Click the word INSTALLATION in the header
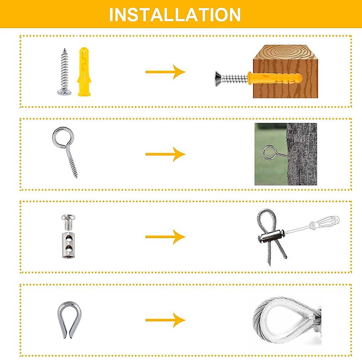pyautogui.click(x=175, y=14)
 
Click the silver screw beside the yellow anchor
pyautogui.click(x=64, y=72)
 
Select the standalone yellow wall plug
pyautogui.click(x=84, y=72)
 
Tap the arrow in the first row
pyautogui.click(x=165, y=72)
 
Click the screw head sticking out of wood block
pyautogui.click(x=218, y=79)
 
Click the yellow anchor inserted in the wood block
pyautogui.click(x=275, y=79)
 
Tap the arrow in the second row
pyautogui.click(x=165, y=154)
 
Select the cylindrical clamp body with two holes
pyautogui.click(x=68, y=245)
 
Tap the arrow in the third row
pyautogui.click(x=165, y=237)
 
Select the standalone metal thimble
pyautogui.click(x=69, y=319)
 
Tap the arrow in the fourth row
pyautogui.click(x=165, y=320)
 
